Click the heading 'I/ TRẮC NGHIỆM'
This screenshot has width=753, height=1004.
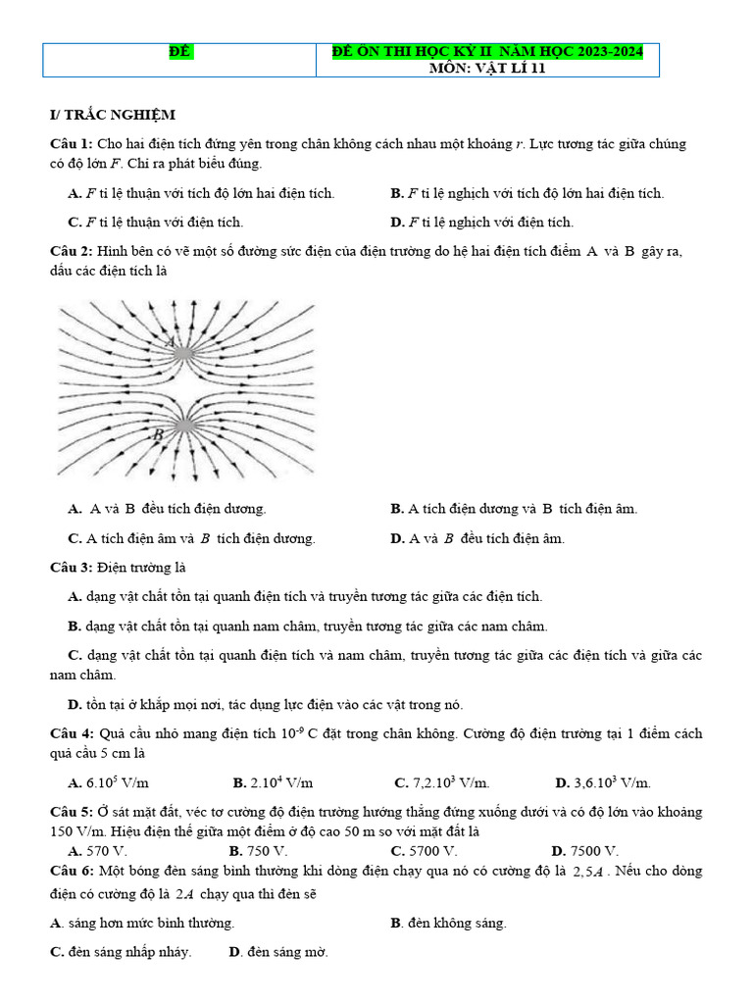click(x=112, y=115)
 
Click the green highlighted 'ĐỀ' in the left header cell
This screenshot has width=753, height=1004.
click(x=178, y=51)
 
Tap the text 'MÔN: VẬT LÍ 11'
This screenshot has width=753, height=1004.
click(x=486, y=68)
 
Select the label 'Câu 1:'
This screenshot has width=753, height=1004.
click(x=72, y=144)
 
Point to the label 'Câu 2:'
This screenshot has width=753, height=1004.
click(x=72, y=252)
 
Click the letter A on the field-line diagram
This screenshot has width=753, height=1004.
click(x=169, y=342)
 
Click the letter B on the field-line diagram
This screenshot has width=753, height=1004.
click(x=156, y=432)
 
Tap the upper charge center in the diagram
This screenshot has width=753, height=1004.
click(x=185, y=347)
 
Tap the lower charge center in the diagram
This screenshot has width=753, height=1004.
click(x=184, y=425)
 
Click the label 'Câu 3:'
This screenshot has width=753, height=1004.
click(x=72, y=567)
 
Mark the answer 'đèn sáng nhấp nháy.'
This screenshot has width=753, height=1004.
click(x=128, y=952)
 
